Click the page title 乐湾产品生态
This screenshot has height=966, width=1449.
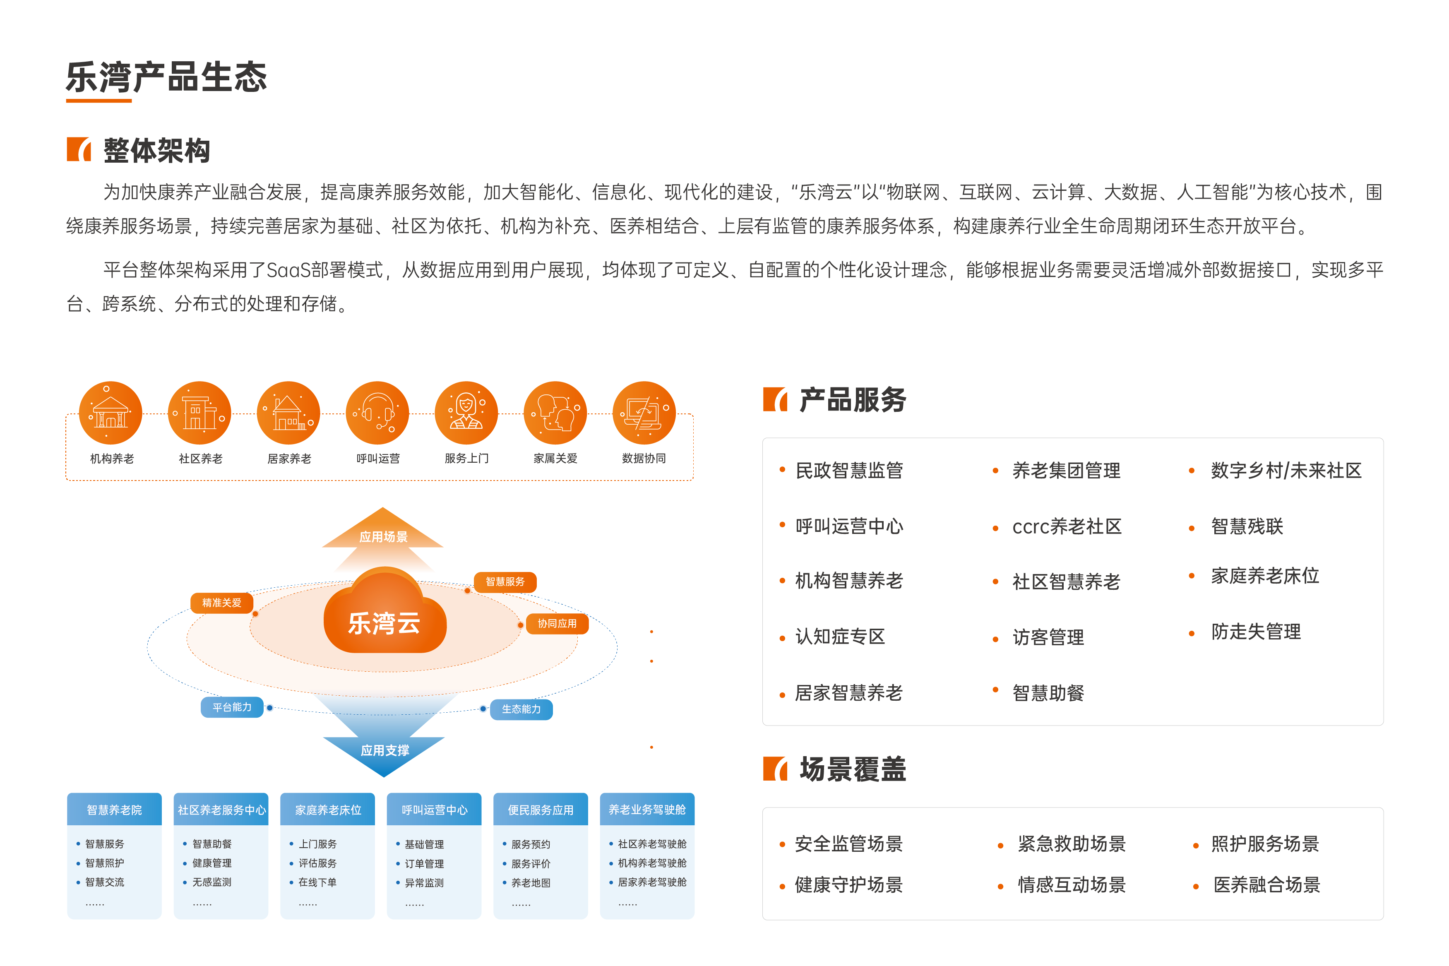(166, 78)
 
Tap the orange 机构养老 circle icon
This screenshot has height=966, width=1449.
(111, 413)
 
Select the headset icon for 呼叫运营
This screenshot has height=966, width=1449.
(377, 413)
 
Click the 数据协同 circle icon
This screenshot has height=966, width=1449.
(644, 413)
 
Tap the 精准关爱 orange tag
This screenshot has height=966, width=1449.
(222, 603)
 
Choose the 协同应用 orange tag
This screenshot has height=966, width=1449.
(557, 623)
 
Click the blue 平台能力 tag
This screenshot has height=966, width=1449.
(232, 707)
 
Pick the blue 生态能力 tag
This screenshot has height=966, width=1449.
(521, 709)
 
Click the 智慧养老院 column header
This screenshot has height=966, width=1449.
(115, 810)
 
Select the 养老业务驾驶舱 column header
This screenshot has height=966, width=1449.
(647, 810)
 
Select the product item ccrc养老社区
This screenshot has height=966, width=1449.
(1067, 527)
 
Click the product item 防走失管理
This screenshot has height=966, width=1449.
(1256, 632)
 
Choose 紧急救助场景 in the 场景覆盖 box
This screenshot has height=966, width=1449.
(1072, 843)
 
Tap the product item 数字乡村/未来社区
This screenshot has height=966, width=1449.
(1286, 471)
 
